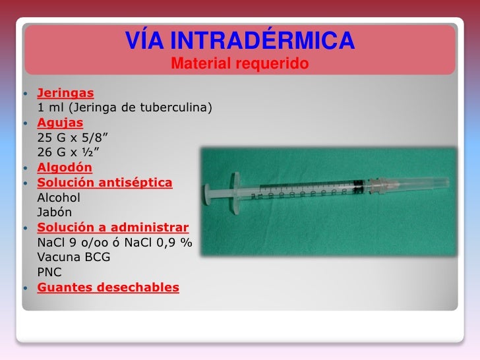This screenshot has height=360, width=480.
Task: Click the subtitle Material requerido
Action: click(x=240, y=65)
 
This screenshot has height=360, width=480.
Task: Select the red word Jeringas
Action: click(x=65, y=93)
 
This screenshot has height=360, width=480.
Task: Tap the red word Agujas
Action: click(x=60, y=122)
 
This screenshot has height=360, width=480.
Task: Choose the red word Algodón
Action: click(x=65, y=167)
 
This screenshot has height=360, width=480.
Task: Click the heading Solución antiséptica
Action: click(x=105, y=182)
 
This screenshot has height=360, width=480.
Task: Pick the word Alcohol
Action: click(x=59, y=197)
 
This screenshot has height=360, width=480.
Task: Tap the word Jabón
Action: click(x=55, y=212)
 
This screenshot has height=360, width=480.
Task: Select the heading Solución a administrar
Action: click(x=113, y=227)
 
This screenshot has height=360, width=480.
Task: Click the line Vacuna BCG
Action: click(x=74, y=256)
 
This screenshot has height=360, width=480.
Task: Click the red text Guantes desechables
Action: click(x=108, y=287)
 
